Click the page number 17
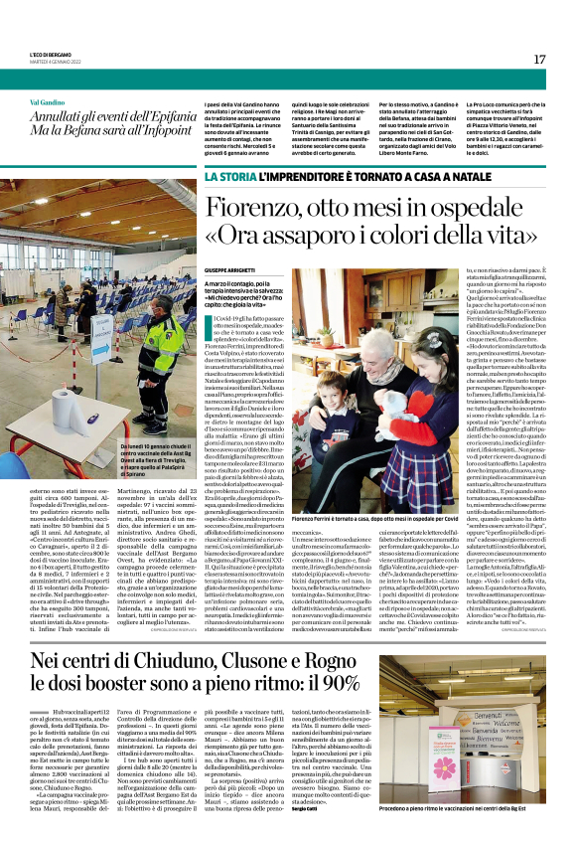point(539,59)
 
